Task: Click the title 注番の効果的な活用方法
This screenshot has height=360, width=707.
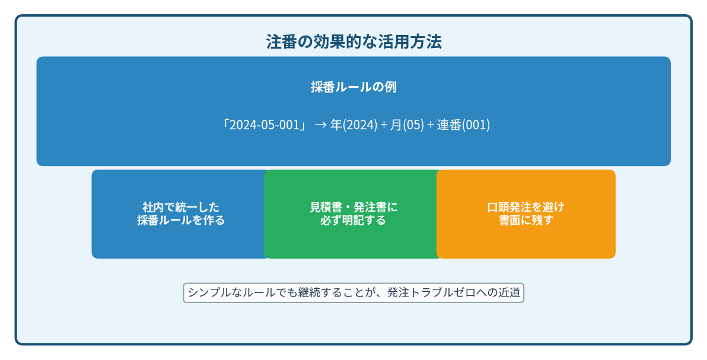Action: pyautogui.click(x=353, y=42)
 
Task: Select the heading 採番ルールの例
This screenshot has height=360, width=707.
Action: pyautogui.click(x=353, y=87)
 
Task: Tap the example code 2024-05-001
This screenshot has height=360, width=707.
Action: pyautogui.click(x=264, y=125)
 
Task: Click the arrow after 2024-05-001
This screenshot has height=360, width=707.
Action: pyautogui.click(x=321, y=125)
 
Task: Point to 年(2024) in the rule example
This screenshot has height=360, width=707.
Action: pyautogui.click(x=353, y=125)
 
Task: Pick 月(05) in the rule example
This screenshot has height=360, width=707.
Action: pyautogui.click(x=407, y=125)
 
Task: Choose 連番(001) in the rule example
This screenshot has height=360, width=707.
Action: pyautogui.click(x=463, y=125)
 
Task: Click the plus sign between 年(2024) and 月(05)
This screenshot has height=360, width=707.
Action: pyautogui.click(x=384, y=125)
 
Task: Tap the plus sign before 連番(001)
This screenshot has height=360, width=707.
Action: pyautogui.click(x=430, y=125)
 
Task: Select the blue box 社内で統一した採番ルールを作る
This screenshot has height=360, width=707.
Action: pyautogui.click(x=180, y=214)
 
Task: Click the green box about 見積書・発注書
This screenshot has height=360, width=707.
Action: pyautogui.click(x=352, y=214)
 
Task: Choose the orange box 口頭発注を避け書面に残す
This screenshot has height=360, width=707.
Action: pyautogui.click(x=526, y=214)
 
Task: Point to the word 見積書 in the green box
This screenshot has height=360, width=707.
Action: pyautogui.click(x=326, y=207)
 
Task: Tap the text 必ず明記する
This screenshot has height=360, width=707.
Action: pyautogui.click(x=353, y=220)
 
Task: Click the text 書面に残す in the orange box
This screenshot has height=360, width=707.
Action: pyautogui.click(x=526, y=220)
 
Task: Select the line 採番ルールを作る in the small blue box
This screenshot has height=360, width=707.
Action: pyautogui.click(x=181, y=220)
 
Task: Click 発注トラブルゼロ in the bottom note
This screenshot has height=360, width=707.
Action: pyautogui.click(x=431, y=293)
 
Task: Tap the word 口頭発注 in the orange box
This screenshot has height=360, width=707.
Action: pyautogui.click(x=509, y=207)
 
